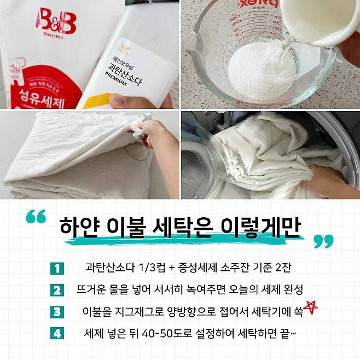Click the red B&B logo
pyautogui.click(x=56, y=21)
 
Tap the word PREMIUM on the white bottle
pyautogui.click(x=116, y=79)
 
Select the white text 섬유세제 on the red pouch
pyautogui.click(x=42, y=99)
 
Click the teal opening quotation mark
pyautogui.click(x=36, y=216)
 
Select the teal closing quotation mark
pyautogui.click(x=324, y=241)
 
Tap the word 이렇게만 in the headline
pyautogui.click(x=260, y=227)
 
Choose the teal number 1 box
pyautogui.click(x=57, y=269)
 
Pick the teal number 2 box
pyautogui.click(x=57, y=290)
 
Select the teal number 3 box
pyautogui.click(x=57, y=312)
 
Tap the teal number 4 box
pyautogui.click(x=57, y=333)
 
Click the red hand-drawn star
pyautogui.click(x=310, y=307)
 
